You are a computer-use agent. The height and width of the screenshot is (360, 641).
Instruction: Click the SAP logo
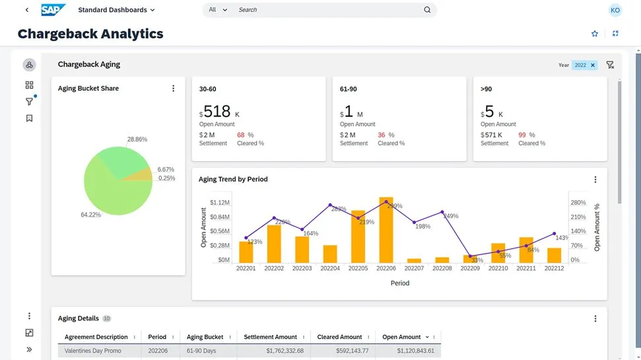click(53, 10)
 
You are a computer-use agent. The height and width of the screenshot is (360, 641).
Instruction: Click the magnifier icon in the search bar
click(427, 10)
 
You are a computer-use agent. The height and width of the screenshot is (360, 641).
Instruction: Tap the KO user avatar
click(615, 10)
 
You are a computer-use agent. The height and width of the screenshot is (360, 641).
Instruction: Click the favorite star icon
click(594, 34)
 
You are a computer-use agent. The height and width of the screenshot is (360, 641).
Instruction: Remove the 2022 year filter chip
click(593, 65)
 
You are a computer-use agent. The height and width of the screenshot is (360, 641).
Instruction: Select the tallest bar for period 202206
click(386, 230)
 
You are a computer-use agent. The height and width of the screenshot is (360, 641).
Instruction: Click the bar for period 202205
click(358, 236)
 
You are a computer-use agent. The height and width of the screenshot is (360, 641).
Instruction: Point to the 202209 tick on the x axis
click(470, 269)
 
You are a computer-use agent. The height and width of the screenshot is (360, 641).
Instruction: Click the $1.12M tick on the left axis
click(220, 203)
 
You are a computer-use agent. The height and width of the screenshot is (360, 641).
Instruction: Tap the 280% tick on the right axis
click(578, 203)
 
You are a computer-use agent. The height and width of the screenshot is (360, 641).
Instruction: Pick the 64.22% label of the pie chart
click(90, 215)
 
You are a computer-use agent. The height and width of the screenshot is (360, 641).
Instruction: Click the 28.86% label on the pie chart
click(137, 139)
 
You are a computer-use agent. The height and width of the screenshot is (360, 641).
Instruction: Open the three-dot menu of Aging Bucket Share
click(174, 89)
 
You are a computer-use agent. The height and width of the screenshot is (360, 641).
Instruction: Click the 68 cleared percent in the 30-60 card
click(240, 135)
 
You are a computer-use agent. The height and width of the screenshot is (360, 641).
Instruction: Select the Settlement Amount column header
click(270, 337)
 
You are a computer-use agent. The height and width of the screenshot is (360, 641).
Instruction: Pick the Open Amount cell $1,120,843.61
click(408, 351)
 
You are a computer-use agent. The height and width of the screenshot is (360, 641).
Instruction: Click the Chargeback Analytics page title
click(90, 34)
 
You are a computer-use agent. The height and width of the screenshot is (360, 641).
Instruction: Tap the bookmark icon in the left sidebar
click(29, 118)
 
